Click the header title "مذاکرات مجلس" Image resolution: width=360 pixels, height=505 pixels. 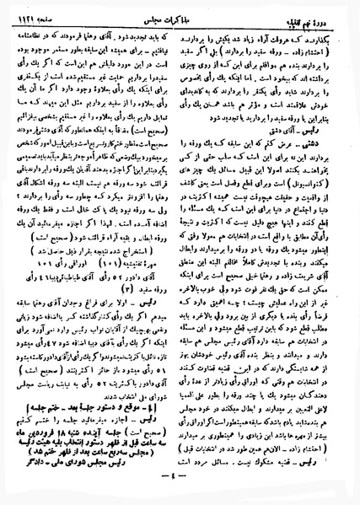coord(180,11)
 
